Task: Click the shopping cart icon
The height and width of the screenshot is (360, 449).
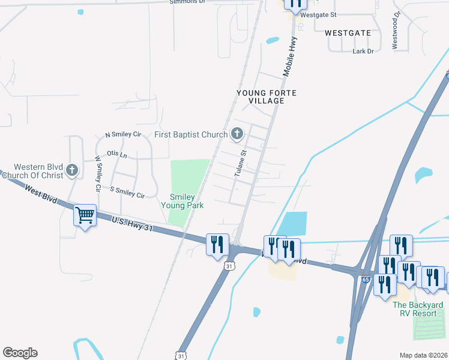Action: [85, 215]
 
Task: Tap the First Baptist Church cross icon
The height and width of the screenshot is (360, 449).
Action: [237, 134]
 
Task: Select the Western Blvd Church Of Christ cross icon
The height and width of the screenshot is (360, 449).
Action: [72, 170]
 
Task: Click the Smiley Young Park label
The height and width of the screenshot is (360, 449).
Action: [182, 201]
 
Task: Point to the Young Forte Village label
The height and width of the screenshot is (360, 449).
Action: [267, 97]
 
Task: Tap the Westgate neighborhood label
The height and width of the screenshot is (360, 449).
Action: [348, 33]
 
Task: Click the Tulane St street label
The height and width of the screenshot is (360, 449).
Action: [241, 163]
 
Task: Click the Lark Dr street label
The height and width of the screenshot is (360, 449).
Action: [363, 52]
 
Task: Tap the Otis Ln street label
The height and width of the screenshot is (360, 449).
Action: [117, 155]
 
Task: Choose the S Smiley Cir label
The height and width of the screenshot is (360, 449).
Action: [127, 192]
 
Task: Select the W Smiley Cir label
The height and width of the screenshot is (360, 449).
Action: [97, 175]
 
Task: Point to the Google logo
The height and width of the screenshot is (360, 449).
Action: [20, 353]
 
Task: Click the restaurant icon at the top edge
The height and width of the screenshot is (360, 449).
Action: [295, 4]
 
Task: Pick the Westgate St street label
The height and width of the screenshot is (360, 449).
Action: [318, 14]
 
